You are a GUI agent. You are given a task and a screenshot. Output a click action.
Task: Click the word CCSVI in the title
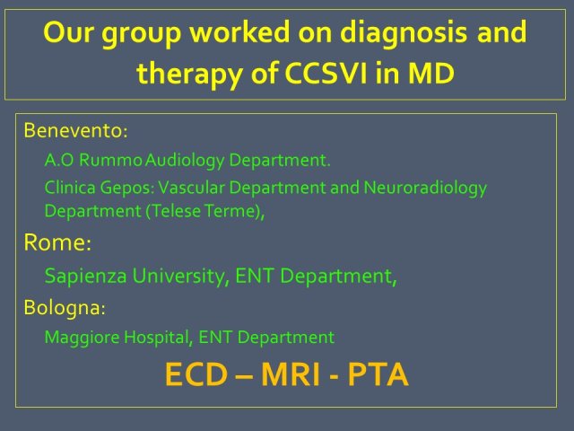pyautogui.click(x=326, y=73)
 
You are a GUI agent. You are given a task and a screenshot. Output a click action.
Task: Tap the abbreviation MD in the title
pyautogui.click(x=430, y=73)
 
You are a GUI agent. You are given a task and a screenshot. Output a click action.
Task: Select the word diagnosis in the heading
pyautogui.click(x=404, y=34)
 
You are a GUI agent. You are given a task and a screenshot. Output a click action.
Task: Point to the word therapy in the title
pyautogui.click(x=189, y=75)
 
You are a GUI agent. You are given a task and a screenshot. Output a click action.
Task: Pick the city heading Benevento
pyautogui.click(x=75, y=130)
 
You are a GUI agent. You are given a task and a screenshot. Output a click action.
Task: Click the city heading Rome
pyautogui.click(x=57, y=242)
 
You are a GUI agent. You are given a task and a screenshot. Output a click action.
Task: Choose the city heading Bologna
pyautogui.click(x=65, y=308)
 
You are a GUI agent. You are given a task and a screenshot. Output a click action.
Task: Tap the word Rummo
pyautogui.click(x=110, y=160)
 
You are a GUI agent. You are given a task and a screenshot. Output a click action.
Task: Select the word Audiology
pyautogui.click(x=185, y=161)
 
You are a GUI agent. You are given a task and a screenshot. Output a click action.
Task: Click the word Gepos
pyautogui.click(x=127, y=188)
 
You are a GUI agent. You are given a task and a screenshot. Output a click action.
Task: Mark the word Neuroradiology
pyautogui.click(x=425, y=189)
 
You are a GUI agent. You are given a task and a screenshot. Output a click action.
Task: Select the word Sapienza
pyautogui.click(x=86, y=277)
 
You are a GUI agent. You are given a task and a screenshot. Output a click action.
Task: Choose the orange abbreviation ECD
pyautogui.click(x=196, y=374)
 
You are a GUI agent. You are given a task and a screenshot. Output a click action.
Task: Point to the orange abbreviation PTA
pyautogui.click(x=378, y=374)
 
